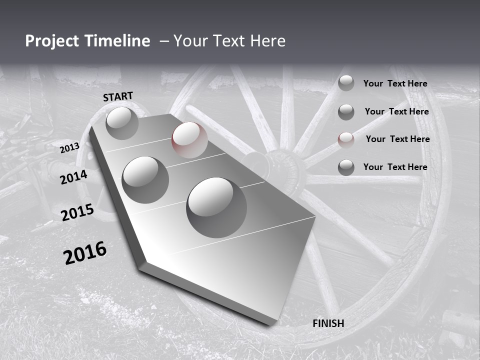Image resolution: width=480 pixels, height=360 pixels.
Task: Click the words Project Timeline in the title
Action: (x=87, y=41)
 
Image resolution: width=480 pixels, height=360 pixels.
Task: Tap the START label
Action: (x=118, y=96)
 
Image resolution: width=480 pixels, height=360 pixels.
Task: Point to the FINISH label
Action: (x=328, y=323)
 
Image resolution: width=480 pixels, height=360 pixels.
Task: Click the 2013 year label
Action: (x=69, y=148)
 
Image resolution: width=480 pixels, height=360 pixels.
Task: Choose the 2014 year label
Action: (x=74, y=177)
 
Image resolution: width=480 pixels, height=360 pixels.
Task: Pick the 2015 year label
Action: (x=77, y=212)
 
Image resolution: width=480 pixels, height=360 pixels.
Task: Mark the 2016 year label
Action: (x=85, y=253)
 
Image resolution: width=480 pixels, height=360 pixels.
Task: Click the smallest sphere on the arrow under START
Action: (x=122, y=123)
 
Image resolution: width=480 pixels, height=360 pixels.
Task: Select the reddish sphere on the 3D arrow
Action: (x=189, y=140)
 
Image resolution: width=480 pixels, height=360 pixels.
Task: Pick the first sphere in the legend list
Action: (x=346, y=83)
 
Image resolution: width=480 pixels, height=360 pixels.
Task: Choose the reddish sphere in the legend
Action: (x=346, y=139)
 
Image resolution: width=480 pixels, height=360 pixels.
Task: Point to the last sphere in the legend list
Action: (x=346, y=167)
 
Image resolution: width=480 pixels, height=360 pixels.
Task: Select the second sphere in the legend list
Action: (x=346, y=112)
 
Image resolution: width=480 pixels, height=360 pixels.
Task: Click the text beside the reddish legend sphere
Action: (x=397, y=139)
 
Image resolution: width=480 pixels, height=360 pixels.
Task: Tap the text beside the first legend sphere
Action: (x=395, y=83)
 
